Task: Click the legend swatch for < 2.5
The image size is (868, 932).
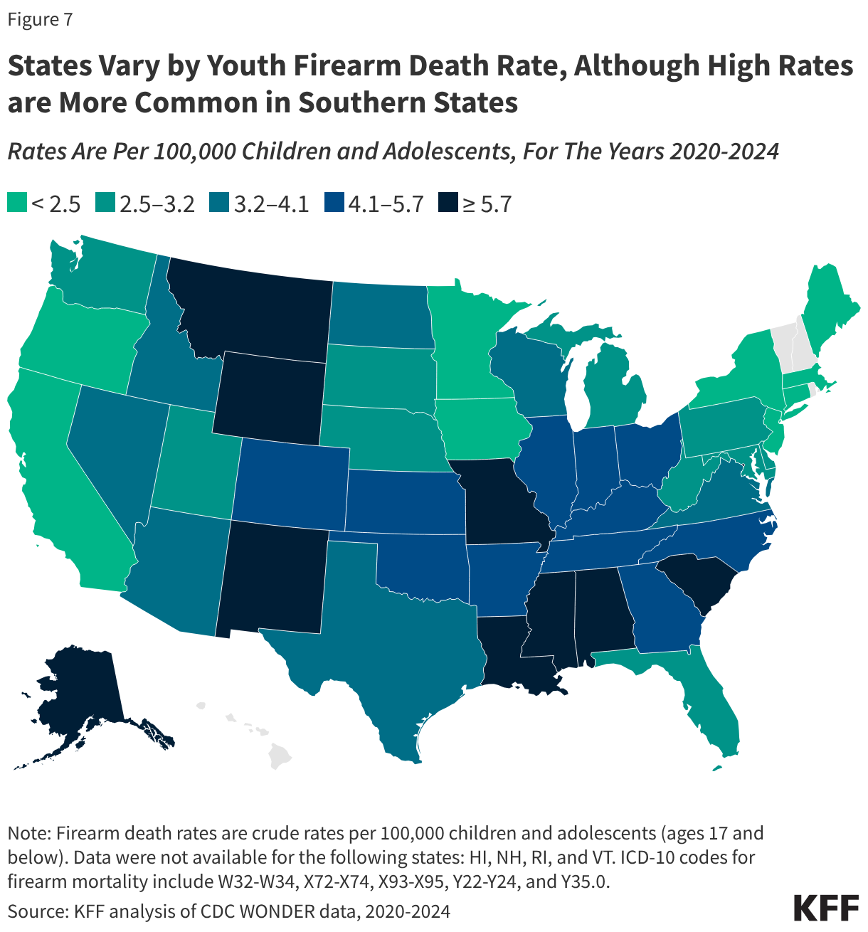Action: pos(17,203)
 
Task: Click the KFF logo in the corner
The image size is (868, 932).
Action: pos(826,909)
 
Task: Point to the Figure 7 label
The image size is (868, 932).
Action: pos(40,20)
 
